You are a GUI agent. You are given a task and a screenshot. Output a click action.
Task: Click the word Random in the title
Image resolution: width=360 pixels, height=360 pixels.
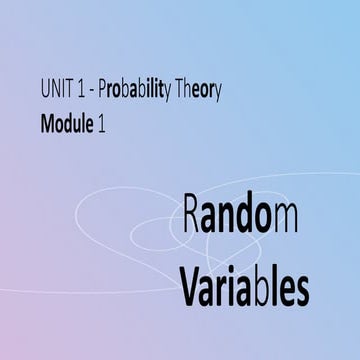coord(241,219)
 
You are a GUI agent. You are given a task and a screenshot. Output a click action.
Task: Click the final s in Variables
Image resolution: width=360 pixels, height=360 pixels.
coord(301,291)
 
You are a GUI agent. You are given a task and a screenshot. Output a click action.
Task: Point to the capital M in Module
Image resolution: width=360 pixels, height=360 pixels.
coord(49,124)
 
